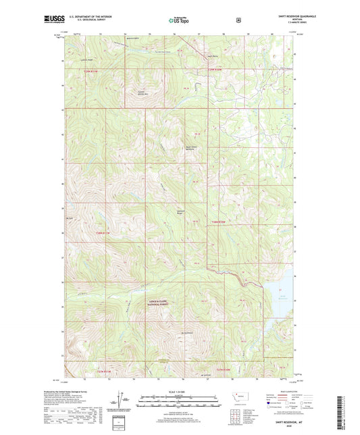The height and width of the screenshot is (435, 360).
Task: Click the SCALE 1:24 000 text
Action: [179, 393]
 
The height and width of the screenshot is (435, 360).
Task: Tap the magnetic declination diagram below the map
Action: [120, 406]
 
